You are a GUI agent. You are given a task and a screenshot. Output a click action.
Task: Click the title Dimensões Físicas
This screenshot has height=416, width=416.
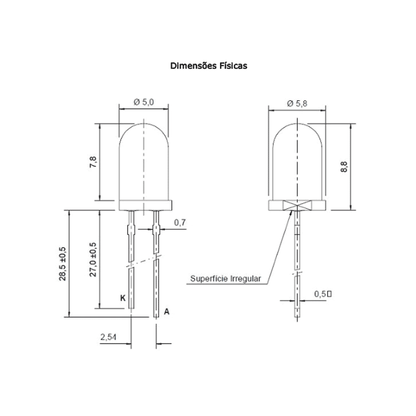[208, 66]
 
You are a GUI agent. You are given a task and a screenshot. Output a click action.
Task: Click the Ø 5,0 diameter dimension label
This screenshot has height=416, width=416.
[144, 102]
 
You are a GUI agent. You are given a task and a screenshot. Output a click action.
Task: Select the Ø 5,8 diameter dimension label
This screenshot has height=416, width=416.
[297, 104]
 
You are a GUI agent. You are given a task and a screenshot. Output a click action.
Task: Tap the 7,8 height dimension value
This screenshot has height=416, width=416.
[93, 162]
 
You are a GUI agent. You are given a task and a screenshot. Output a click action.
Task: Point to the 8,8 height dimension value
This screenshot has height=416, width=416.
[344, 167]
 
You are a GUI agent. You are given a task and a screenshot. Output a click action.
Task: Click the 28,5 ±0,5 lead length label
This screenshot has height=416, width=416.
[62, 264]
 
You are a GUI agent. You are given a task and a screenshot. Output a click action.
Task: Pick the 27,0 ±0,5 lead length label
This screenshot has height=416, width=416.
[93, 260]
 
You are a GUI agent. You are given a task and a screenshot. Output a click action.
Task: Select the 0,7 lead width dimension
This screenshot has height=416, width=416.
[180, 223]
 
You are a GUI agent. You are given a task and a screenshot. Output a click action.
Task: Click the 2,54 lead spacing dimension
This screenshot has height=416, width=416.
[108, 337]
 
